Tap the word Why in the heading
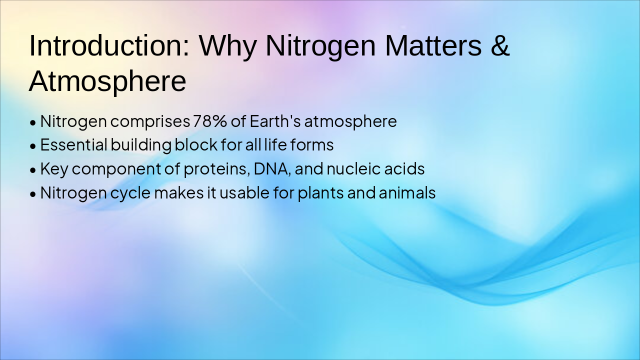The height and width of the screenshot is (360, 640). (227, 47)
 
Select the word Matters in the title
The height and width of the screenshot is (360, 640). (433, 45)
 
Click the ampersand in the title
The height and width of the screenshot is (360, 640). (500, 45)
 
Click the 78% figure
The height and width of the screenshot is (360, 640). (210, 121)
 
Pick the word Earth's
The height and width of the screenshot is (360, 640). (275, 121)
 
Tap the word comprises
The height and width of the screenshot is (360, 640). (150, 122)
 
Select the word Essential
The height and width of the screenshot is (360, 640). (73, 144)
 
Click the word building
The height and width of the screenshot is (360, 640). (141, 145)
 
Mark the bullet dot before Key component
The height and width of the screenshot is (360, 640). (33, 170)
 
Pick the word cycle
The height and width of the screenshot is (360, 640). (130, 193)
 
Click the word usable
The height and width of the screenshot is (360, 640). (244, 192)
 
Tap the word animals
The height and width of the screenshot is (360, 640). (407, 192)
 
